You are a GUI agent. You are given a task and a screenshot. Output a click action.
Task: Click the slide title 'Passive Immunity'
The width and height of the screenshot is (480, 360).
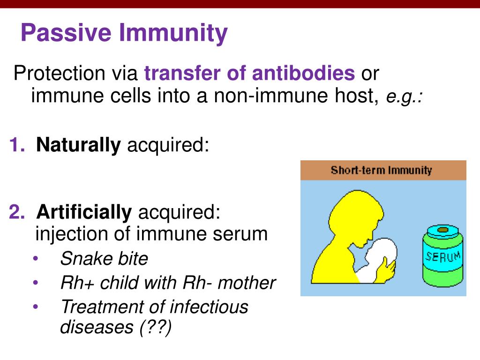click(124, 34)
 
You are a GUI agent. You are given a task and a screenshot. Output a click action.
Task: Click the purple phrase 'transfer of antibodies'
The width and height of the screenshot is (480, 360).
click(249, 74)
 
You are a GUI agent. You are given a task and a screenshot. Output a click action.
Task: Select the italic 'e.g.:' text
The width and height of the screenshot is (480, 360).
click(405, 97)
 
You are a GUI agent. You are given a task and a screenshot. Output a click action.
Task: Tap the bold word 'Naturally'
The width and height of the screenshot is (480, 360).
click(78, 145)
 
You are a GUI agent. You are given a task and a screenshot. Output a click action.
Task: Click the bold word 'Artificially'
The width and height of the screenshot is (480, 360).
click(84, 212)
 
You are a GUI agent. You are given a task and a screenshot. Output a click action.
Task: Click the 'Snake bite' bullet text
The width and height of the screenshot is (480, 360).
click(104, 258)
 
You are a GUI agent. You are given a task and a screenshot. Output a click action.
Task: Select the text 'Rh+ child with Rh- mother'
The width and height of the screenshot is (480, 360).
click(168, 283)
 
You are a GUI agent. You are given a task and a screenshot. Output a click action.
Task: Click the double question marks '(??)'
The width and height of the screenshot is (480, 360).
click(155, 327)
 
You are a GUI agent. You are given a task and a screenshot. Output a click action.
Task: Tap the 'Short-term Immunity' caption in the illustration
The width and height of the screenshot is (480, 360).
click(381, 170)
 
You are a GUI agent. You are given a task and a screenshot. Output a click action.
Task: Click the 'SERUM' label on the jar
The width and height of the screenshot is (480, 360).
click(443, 257)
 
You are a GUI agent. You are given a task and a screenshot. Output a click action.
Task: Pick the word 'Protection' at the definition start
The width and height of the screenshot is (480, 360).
click(59, 74)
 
